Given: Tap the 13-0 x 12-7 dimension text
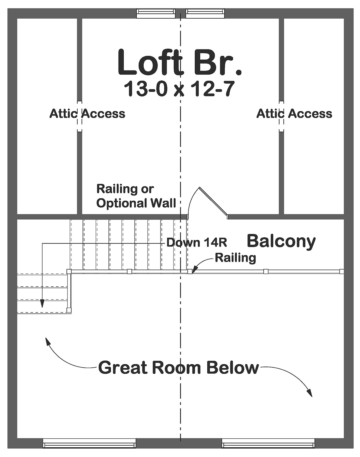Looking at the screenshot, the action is point(179,89).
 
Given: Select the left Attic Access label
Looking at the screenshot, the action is point(87,114).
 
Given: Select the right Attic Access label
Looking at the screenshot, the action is point(294,114).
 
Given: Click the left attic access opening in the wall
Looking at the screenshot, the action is point(79,116).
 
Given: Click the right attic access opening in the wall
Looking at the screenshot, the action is point(281,116).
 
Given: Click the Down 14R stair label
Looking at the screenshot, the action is point(196,243).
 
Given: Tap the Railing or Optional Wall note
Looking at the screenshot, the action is point(136,196).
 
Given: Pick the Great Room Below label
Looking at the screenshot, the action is point(178,367).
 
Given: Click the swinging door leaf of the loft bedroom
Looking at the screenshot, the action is point(213,203).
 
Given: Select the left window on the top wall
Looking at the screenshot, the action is point(156,13).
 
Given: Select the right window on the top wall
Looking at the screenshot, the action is point(205,13).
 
